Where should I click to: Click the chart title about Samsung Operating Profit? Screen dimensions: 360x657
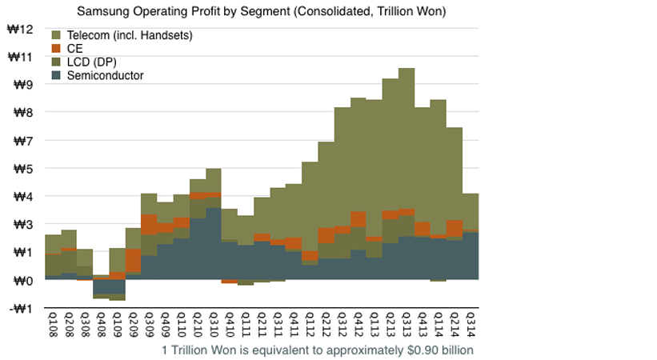261,12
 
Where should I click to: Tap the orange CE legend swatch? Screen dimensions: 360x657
56,49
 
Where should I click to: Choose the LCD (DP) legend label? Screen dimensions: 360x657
96,62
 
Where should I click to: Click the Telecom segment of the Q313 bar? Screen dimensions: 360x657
407,136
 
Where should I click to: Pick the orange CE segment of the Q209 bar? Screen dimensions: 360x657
133,261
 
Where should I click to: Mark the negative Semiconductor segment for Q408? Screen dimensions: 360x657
101,286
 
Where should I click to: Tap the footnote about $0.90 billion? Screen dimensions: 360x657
318,350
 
